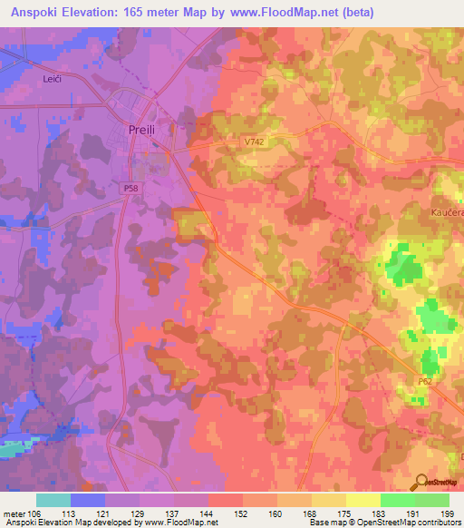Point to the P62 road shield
(x=425, y=385)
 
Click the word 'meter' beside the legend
(x=14, y=513)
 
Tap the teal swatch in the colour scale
(x=53, y=500)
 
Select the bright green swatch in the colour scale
(x=397, y=500)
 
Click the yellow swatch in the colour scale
(x=362, y=500)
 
